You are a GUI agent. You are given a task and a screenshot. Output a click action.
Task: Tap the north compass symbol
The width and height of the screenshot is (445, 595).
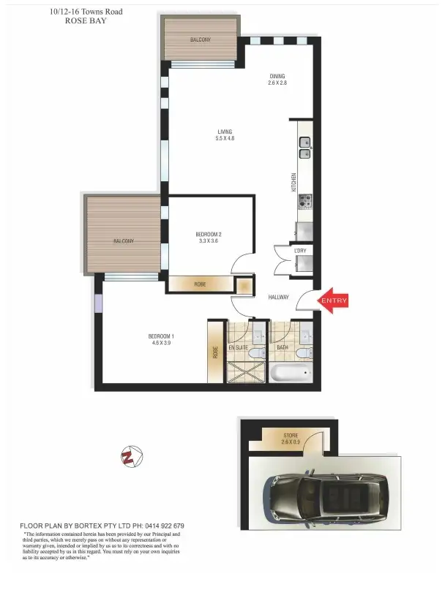[131, 458]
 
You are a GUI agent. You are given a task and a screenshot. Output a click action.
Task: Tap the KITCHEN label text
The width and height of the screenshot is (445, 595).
[294, 182]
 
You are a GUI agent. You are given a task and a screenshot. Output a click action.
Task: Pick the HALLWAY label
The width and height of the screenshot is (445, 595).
[278, 297]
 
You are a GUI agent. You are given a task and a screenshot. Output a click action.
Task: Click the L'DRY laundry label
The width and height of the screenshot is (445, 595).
[300, 251]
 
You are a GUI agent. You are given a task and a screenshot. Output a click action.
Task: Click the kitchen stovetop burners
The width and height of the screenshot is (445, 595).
[304, 199]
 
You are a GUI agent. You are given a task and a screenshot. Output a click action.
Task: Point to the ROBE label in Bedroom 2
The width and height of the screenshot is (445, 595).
[200, 284]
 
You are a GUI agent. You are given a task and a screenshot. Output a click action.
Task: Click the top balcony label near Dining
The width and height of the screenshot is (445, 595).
[200, 39]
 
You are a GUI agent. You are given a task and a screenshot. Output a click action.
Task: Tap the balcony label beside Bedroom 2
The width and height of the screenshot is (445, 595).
[124, 240]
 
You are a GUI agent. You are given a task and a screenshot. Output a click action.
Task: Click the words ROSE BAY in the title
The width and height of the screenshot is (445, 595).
[86, 21]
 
